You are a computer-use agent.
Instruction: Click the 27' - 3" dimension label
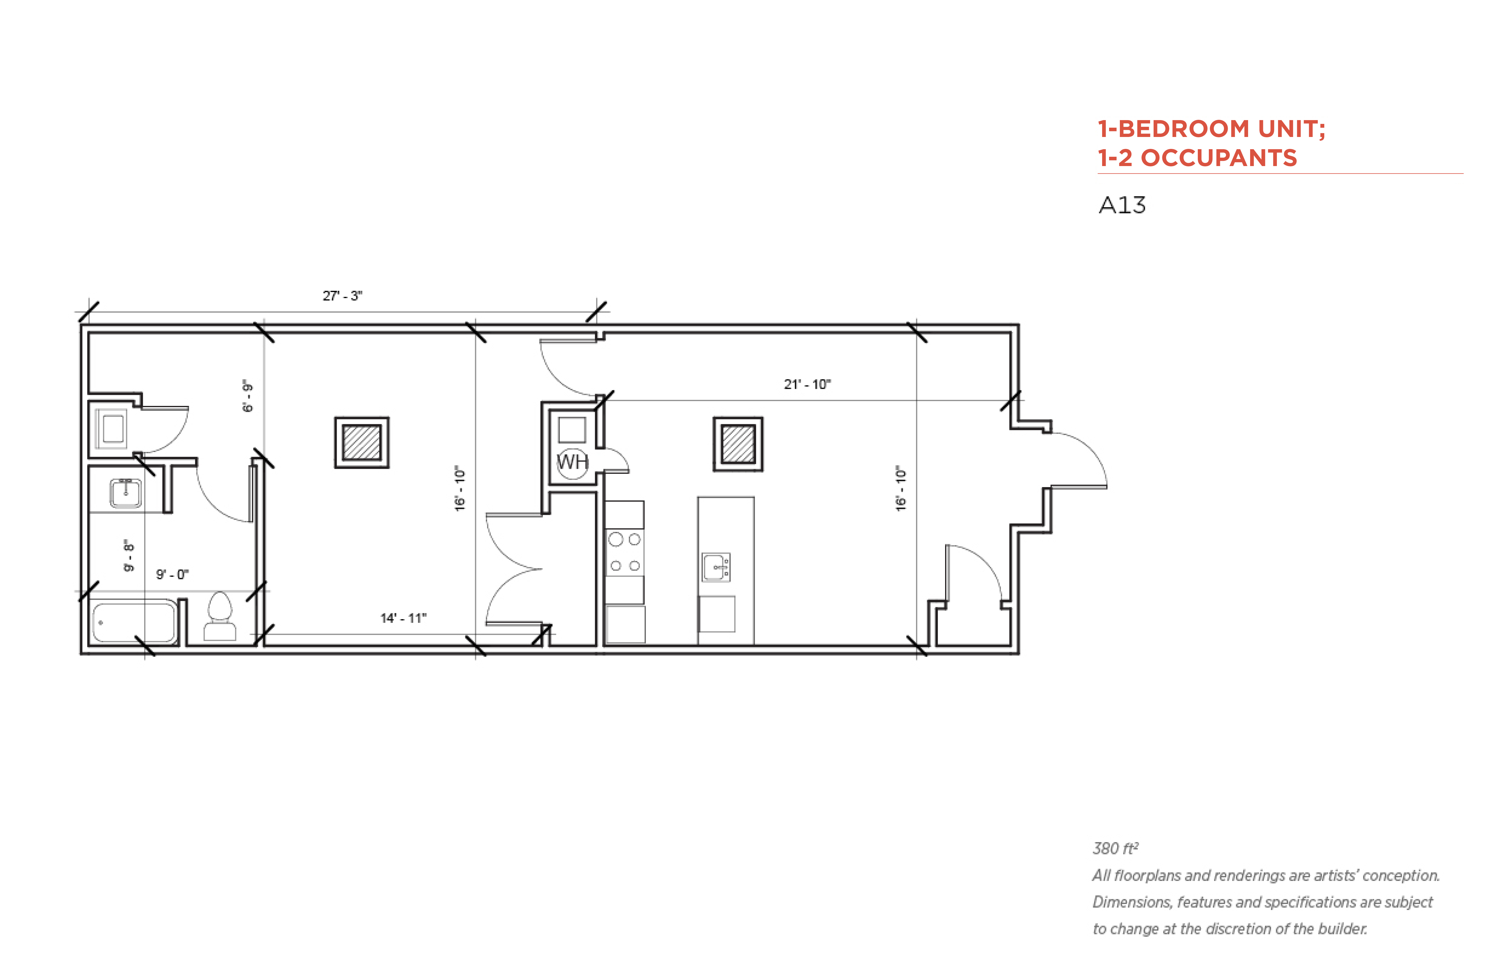342,295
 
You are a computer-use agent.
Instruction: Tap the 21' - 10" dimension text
807,384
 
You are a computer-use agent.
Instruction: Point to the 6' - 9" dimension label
247,396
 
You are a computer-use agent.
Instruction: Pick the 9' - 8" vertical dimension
129,555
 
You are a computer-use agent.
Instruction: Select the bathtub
134,621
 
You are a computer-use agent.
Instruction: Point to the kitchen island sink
716,567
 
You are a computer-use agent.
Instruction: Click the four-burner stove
625,552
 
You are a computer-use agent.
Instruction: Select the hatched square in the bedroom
362,442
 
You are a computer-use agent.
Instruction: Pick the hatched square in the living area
738,443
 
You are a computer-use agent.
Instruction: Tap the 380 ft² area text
1115,848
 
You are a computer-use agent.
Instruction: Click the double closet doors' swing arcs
514,569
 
